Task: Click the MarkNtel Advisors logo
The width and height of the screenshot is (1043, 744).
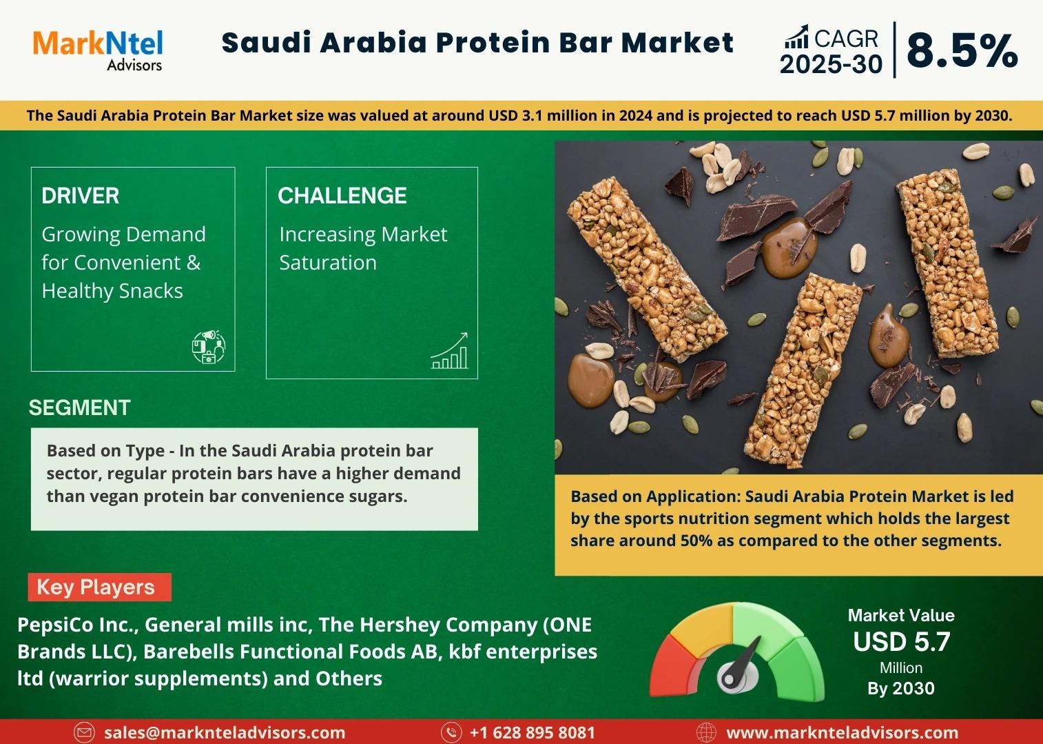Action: (x=98, y=50)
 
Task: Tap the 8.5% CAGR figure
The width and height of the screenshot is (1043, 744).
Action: (x=962, y=51)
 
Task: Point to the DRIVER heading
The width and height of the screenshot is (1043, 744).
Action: (x=80, y=196)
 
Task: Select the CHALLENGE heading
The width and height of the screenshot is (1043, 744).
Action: (x=342, y=196)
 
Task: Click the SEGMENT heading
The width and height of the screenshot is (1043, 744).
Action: (x=80, y=408)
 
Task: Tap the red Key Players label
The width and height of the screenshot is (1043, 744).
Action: (x=100, y=587)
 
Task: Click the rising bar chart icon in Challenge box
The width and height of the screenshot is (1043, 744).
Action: (x=449, y=350)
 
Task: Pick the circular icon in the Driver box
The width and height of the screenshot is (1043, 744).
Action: (x=209, y=347)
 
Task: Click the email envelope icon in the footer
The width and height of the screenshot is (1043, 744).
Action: (x=84, y=732)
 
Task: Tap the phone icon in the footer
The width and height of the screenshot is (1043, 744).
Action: (x=451, y=732)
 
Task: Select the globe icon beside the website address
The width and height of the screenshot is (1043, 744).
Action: (x=706, y=732)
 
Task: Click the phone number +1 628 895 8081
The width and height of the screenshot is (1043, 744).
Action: (x=533, y=732)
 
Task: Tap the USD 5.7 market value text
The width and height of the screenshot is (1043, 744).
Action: (x=902, y=642)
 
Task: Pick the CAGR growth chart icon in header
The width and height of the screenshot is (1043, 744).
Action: (x=796, y=37)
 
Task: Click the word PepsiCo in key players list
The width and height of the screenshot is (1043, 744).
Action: (x=55, y=625)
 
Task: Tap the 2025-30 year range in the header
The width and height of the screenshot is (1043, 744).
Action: (x=831, y=64)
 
